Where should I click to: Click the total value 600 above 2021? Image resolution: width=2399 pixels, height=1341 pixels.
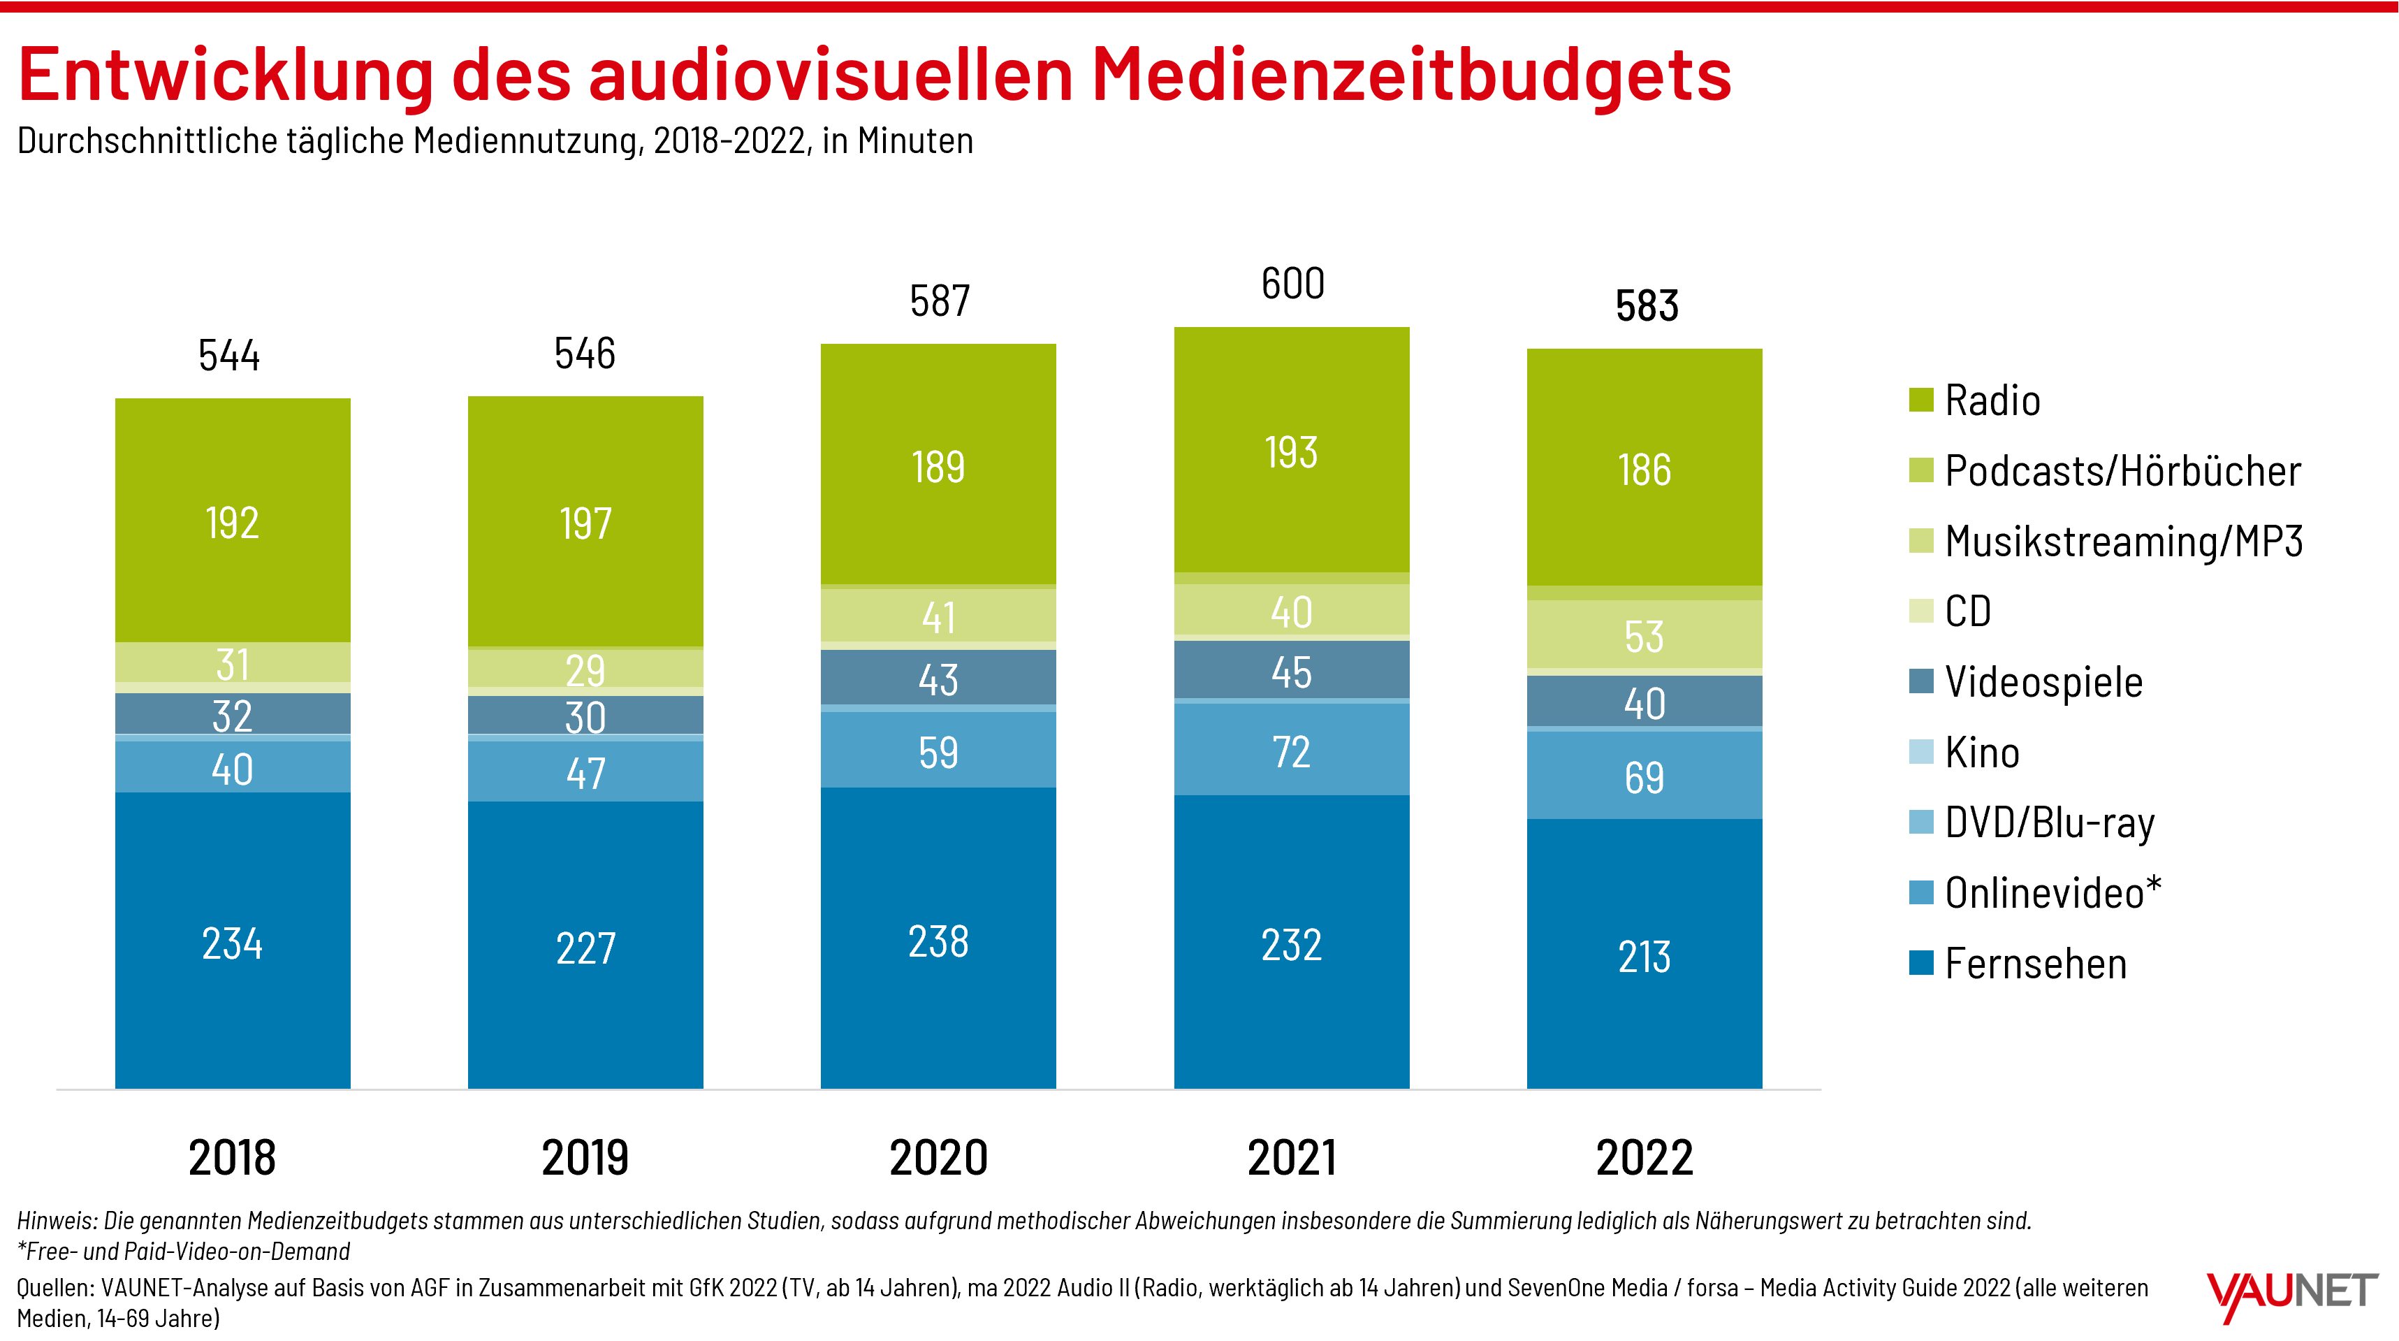coord(1292,283)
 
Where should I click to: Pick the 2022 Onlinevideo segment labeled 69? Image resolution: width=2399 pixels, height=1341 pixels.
coord(1644,776)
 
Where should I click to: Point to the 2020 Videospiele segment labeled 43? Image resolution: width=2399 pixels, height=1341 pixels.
coord(938,678)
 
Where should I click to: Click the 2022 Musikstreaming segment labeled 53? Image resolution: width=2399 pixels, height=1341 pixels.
coord(1644,636)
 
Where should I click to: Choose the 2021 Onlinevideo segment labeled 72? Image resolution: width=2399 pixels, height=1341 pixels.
coord(1291,750)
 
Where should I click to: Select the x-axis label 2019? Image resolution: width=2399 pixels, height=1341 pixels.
coord(585,1157)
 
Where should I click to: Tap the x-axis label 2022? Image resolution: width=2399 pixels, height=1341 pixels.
coord(1644,1157)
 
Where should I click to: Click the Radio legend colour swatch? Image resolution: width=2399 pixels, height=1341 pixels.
coord(1920,400)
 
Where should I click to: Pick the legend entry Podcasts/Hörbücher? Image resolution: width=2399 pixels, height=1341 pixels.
coord(2122,470)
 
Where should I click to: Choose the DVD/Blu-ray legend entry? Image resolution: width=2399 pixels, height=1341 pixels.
coord(2049,822)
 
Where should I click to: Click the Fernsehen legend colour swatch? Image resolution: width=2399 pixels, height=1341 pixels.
coord(1920,962)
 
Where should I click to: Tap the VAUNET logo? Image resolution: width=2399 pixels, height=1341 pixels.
coord(2291,1294)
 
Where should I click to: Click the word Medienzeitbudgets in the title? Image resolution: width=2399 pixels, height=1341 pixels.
coord(1411,75)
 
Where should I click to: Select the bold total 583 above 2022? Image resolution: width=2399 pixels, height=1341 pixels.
coord(1647,305)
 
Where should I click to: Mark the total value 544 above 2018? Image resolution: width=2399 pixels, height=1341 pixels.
coord(229,355)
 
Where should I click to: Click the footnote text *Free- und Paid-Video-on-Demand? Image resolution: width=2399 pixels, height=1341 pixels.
coord(184,1251)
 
